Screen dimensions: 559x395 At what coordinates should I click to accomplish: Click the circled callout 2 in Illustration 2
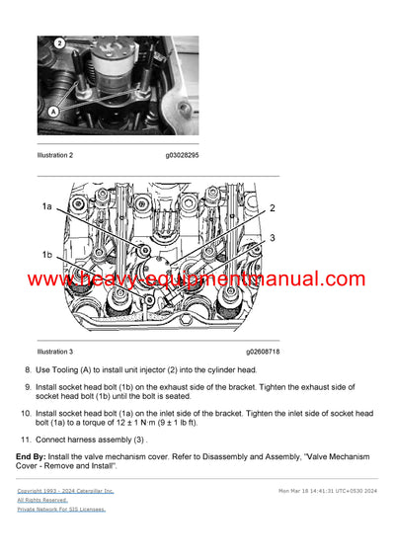click(x=58, y=43)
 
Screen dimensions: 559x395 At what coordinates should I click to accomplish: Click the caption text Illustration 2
click(x=54, y=155)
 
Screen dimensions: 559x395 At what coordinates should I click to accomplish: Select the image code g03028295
click(x=187, y=155)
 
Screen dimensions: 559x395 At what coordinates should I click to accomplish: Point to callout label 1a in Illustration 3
click(x=46, y=205)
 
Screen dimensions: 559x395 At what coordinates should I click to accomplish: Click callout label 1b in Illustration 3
click(x=46, y=255)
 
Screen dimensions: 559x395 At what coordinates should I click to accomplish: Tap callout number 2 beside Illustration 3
click(x=273, y=208)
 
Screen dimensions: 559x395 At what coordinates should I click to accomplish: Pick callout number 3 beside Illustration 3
click(x=273, y=238)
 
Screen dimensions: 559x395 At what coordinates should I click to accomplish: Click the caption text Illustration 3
click(x=54, y=351)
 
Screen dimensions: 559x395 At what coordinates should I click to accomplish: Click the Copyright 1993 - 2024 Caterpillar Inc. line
click(x=65, y=490)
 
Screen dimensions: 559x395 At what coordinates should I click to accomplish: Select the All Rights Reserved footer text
click(x=45, y=500)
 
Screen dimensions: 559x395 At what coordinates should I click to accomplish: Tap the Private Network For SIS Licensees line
click(x=60, y=510)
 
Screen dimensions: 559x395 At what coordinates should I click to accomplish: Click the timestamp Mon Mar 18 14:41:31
click(x=312, y=490)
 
